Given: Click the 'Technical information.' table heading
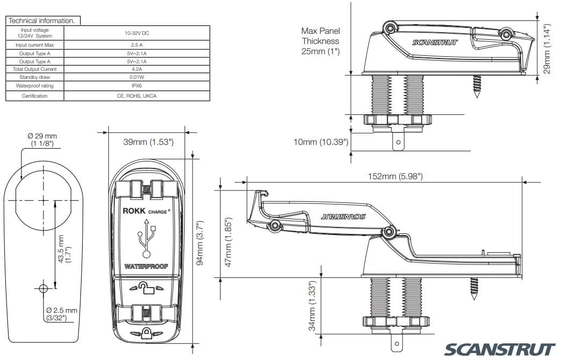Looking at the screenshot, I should [x=41, y=20].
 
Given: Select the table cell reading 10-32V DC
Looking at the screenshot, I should [x=136, y=33].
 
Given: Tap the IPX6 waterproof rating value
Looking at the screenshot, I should [x=136, y=85].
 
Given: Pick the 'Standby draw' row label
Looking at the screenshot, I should [x=34, y=77].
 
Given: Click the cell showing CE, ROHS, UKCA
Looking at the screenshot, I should [x=136, y=95].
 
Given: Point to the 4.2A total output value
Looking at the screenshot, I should [x=136, y=69].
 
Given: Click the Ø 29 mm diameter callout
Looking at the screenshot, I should [x=42, y=139].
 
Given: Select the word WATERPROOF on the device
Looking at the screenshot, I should [x=146, y=267].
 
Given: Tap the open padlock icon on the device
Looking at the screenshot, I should [x=146, y=290].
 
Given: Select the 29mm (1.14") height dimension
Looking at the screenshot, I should [x=547, y=49].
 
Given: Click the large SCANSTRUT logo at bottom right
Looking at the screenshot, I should [x=499, y=349].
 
